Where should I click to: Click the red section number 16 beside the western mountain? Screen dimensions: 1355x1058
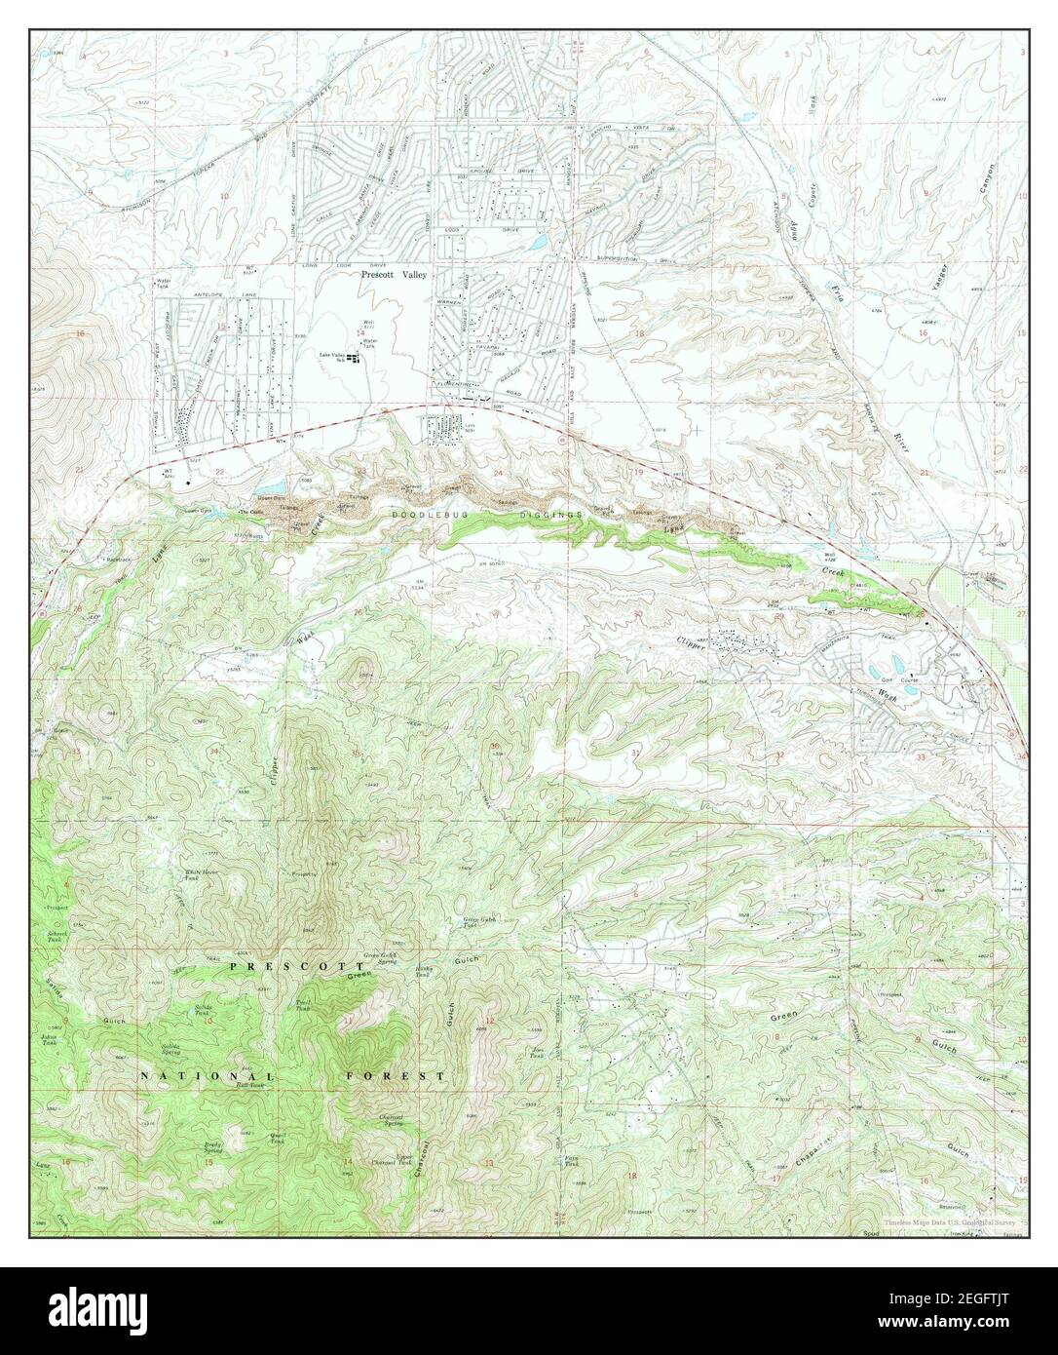click(x=81, y=333)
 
